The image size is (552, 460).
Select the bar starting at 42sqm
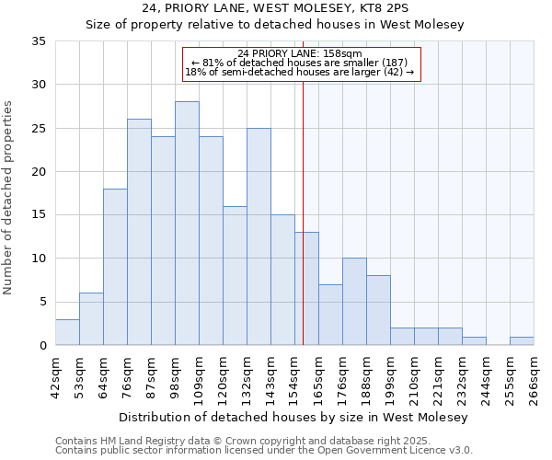pyautogui.click(x=67, y=332)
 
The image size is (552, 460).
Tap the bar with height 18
pyautogui.click(x=115, y=267)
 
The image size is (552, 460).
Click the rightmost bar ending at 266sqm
pyautogui.click(x=522, y=341)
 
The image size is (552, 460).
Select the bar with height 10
pyautogui.click(x=354, y=302)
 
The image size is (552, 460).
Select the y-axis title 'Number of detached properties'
pyautogui.click(x=9, y=198)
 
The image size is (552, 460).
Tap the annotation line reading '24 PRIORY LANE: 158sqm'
pyautogui.click(x=301, y=53)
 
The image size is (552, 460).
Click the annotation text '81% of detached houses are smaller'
pyautogui.click(x=301, y=63)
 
